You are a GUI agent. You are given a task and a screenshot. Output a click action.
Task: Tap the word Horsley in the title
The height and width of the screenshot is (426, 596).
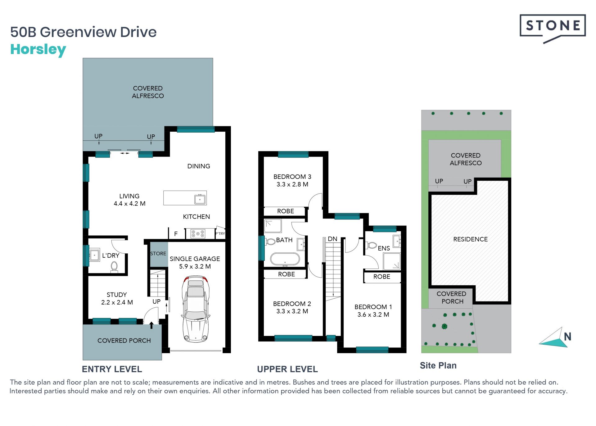[38, 50]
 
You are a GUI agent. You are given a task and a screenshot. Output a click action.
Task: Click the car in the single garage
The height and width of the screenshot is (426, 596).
[196, 309]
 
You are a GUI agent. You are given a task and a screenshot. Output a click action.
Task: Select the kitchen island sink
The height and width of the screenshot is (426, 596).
[200, 199]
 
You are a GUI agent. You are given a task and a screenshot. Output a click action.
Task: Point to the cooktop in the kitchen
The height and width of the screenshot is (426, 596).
[198, 233]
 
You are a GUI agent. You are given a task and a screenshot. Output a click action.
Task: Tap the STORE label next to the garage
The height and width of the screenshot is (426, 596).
[158, 254]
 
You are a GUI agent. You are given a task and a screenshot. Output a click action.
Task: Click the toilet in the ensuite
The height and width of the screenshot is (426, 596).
[372, 245]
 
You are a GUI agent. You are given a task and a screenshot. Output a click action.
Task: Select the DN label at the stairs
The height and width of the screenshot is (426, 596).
[332, 239]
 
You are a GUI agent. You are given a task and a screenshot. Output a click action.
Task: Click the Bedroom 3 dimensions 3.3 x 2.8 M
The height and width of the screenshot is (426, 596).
[292, 184]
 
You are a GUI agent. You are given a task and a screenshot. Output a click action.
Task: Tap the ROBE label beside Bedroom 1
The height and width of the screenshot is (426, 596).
[382, 277]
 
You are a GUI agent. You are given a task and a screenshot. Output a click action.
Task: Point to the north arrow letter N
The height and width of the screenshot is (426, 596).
[568, 337]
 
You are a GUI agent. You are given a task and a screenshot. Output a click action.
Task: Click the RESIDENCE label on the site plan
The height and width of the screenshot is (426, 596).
[471, 239]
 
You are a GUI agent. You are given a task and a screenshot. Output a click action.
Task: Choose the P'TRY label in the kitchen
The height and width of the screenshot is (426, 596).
[220, 233]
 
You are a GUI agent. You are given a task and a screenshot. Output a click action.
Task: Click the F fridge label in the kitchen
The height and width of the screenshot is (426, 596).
[176, 234]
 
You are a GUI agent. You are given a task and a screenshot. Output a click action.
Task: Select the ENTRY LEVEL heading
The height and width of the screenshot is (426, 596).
[112, 369]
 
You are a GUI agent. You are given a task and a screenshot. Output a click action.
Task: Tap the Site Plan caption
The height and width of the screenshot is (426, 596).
[438, 365]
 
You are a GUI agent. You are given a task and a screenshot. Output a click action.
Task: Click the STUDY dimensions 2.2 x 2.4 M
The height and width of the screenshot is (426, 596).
[117, 302]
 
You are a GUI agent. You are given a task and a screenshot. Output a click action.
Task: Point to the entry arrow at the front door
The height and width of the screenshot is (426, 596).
[151, 325]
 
